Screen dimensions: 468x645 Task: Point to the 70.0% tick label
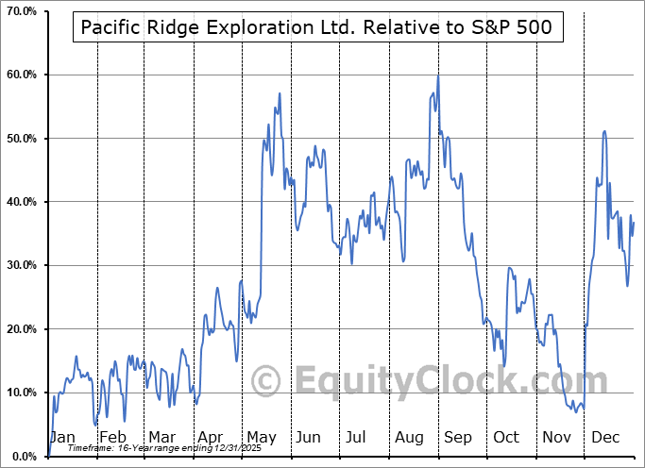(x=20, y=10)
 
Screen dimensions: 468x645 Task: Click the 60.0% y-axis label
(x=20, y=75)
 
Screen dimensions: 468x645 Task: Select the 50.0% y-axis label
(x=20, y=139)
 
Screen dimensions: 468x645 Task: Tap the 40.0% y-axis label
(x=20, y=202)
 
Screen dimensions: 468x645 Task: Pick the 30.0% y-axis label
(x=20, y=265)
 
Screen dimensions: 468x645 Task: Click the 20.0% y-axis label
(x=20, y=329)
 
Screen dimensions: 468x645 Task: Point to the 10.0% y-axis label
(x=20, y=393)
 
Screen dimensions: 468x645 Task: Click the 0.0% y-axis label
(x=23, y=457)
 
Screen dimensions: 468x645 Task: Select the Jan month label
(x=62, y=438)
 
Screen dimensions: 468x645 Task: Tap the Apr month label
(x=211, y=438)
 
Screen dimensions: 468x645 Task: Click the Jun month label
(x=308, y=438)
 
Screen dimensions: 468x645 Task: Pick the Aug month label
(x=408, y=438)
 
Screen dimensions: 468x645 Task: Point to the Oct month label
(x=506, y=438)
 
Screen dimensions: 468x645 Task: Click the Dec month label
(x=604, y=438)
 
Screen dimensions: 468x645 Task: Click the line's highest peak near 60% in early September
(x=438, y=75)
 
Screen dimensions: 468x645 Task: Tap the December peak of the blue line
(x=604, y=131)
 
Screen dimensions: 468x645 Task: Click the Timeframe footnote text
(x=141, y=447)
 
